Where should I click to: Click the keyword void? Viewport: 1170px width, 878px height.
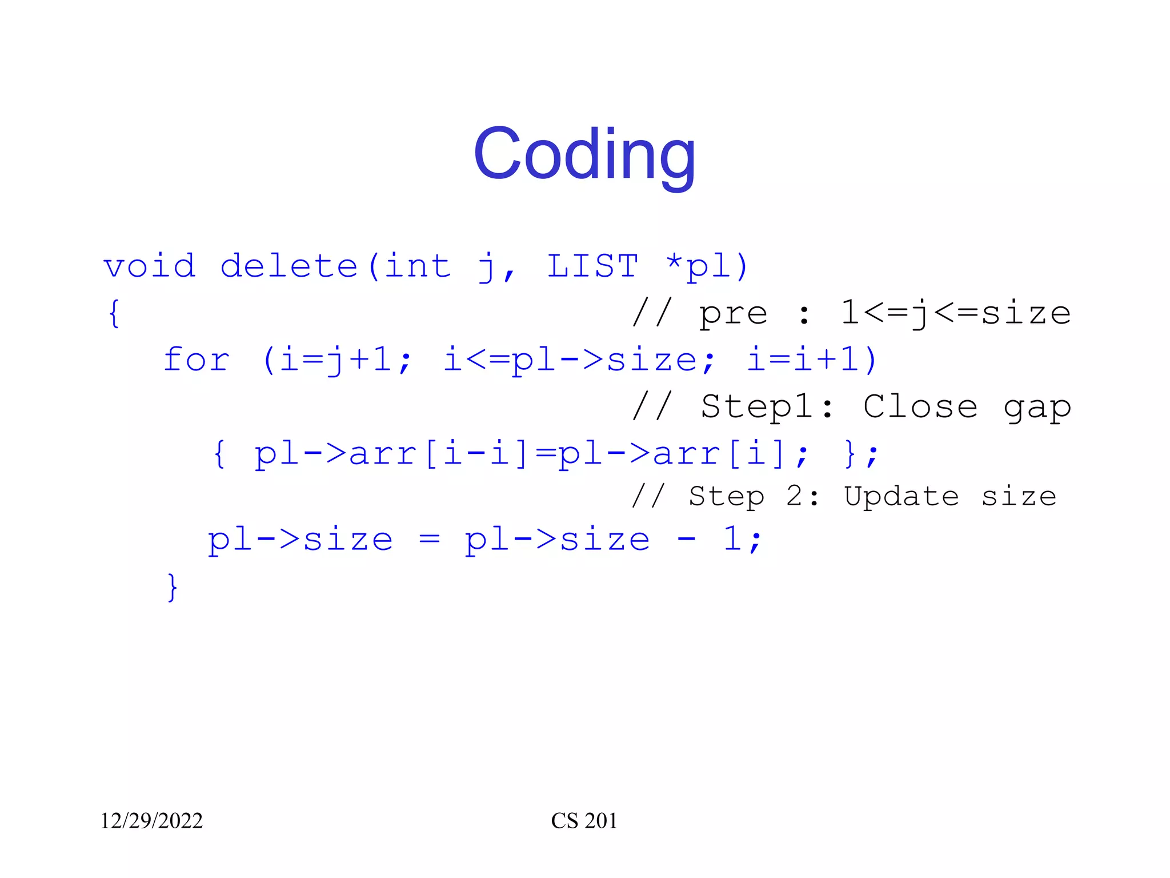[150, 266]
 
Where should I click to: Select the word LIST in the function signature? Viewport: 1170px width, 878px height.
[592, 266]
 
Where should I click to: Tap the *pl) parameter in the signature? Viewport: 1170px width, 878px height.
[707, 266]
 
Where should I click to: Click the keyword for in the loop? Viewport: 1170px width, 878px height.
[197, 360]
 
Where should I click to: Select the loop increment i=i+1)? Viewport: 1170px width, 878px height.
[811, 360]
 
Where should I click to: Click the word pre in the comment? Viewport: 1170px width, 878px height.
[733, 313]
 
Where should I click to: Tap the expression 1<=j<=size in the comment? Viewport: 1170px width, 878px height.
[955, 313]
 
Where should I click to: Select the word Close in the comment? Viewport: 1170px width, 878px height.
[920, 407]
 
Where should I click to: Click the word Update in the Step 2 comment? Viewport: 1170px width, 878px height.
[901, 496]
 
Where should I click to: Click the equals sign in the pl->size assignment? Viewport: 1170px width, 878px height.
[429, 540]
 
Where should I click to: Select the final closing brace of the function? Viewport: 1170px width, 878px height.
[172, 587]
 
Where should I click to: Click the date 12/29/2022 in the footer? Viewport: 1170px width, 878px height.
[151, 821]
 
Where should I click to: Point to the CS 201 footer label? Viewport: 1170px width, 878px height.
[584, 821]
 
